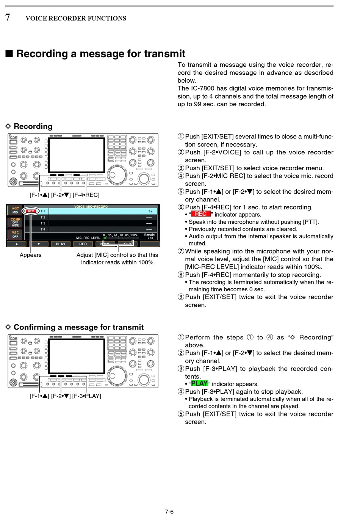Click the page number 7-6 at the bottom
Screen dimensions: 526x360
(169, 512)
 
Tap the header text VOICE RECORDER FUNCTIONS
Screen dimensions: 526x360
(76, 18)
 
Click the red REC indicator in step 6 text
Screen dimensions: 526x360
(200, 214)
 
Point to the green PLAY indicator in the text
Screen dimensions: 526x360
(199, 383)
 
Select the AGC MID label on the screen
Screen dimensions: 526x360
(15, 210)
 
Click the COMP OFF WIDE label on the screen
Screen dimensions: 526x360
(15, 222)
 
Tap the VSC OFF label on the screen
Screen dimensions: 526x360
(15, 234)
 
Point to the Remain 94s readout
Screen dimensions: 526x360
(150, 236)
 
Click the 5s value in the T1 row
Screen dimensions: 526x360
(150, 211)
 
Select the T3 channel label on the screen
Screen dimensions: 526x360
(43, 223)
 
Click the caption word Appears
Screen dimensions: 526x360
(31, 255)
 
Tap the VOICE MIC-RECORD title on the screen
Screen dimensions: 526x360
(91, 207)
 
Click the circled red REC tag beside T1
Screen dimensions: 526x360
(31, 211)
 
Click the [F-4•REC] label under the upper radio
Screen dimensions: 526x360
(86, 195)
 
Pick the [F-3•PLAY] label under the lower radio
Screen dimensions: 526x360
(87, 396)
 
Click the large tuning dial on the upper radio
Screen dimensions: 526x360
(117, 175)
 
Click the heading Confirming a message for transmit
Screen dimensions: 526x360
(78, 327)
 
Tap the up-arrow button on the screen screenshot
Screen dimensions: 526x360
(17, 244)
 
